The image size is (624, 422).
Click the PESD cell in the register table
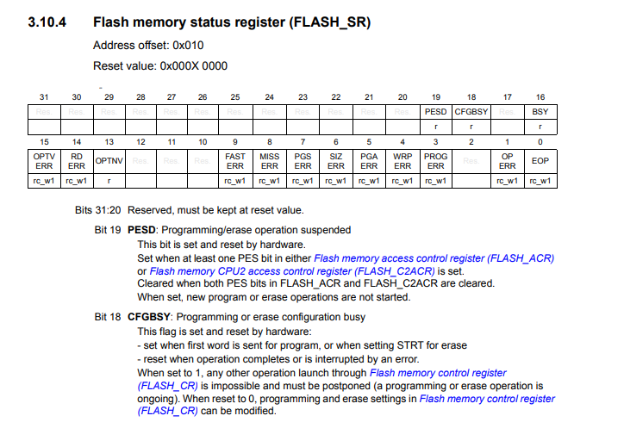(436, 112)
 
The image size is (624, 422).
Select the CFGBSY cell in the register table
(471, 112)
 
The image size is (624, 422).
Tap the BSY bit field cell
(540, 112)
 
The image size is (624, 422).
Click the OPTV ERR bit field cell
(42, 161)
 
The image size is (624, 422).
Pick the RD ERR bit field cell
(76, 161)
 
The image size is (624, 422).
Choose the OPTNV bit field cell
(109, 161)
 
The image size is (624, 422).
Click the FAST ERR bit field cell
(235, 161)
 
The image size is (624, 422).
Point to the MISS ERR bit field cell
(269, 161)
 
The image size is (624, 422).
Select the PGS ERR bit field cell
(303, 161)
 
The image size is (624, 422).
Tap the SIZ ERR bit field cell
(336, 161)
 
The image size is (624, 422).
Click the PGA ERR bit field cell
(370, 161)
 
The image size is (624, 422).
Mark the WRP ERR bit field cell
(402, 161)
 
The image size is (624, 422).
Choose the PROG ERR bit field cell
(436, 161)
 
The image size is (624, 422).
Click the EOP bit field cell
(540, 161)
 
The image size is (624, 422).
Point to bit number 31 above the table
(44, 96)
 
